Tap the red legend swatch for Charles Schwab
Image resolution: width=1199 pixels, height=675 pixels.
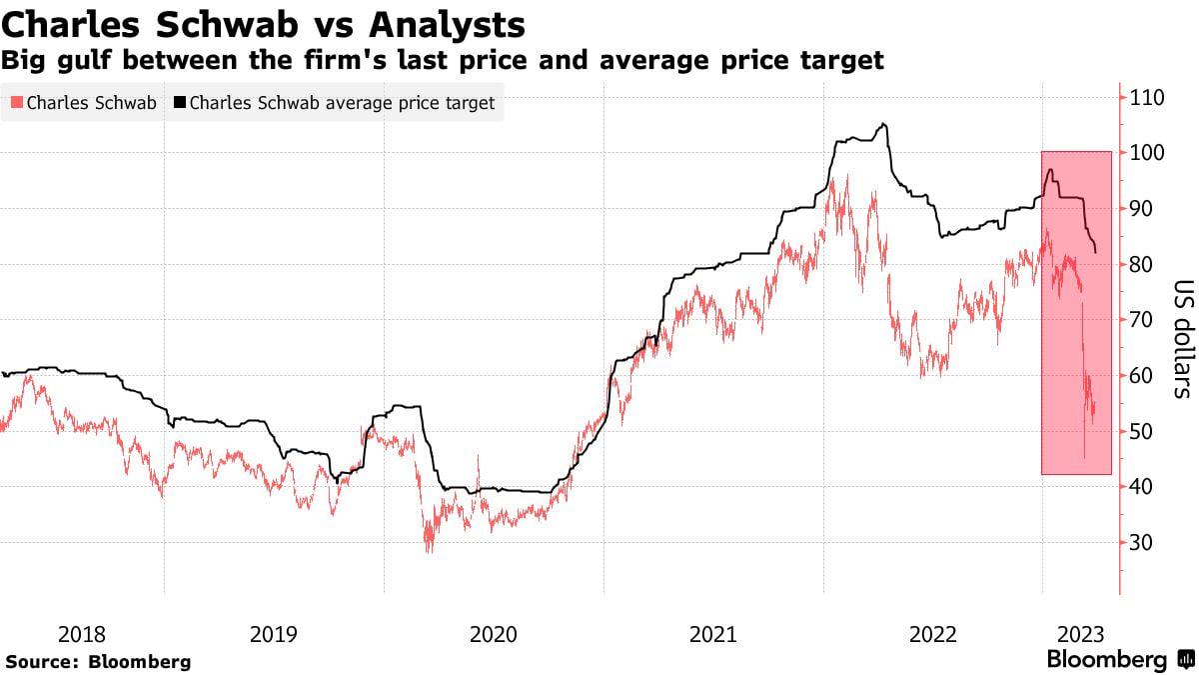click(x=15, y=103)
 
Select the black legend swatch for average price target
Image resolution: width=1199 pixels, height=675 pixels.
click(x=179, y=103)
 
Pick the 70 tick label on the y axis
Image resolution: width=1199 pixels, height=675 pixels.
click(x=1143, y=320)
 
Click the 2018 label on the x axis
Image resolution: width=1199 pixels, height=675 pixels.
click(x=82, y=634)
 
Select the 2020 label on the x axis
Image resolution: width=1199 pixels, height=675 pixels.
click(x=493, y=634)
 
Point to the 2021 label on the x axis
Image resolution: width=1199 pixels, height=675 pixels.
click(x=712, y=634)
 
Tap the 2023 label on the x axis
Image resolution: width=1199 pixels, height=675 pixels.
click(x=1080, y=634)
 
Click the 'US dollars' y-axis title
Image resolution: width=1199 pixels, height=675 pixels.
click(x=1180, y=338)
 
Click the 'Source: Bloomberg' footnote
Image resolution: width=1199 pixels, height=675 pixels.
click(x=98, y=662)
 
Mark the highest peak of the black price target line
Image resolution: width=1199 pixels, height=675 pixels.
click(x=882, y=124)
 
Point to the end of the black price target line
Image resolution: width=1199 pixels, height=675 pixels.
click(x=1097, y=253)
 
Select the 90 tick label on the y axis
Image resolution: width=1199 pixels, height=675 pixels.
click(x=1143, y=208)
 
